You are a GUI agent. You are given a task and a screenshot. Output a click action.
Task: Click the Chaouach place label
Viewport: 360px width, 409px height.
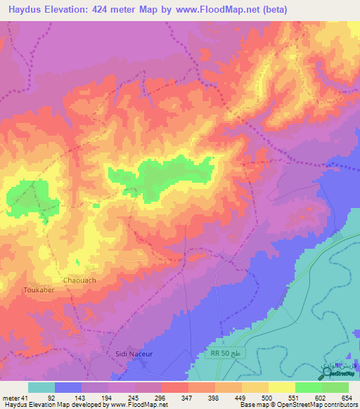tap(79, 280)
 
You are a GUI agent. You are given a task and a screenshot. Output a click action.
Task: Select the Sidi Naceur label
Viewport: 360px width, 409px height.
tap(134, 355)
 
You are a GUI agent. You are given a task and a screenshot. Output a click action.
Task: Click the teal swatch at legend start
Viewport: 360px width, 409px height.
tap(41, 387)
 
